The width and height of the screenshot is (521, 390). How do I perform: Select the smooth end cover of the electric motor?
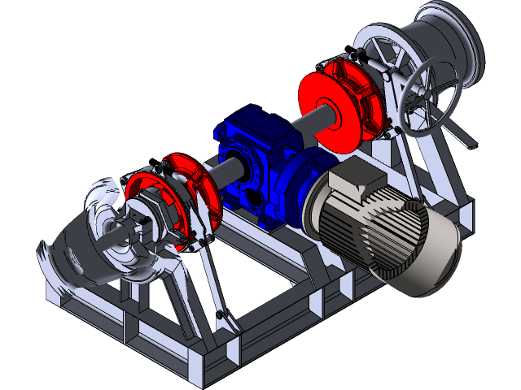click(x=436, y=252)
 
